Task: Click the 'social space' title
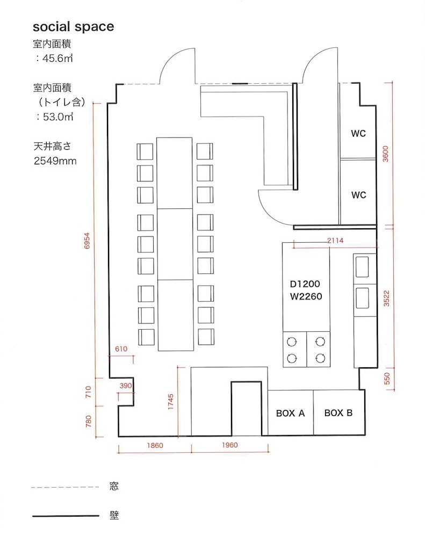[74, 27]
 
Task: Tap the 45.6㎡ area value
[57, 58]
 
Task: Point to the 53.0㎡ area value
[58, 117]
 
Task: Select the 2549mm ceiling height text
[55, 161]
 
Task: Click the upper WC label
[358, 134]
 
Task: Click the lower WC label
[358, 195]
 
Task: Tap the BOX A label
[290, 413]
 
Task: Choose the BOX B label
[338, 413]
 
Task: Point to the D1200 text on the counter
[305, 284]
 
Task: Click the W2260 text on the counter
[306, 296]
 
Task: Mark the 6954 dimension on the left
[87, 241]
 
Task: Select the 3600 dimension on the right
[386, 154]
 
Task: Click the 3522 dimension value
[386, 298]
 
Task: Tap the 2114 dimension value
[335, 241]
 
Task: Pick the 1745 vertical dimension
[170, 402]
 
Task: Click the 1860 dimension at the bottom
[155, 446]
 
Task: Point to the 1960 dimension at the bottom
[229, 445]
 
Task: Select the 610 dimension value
[121, 349]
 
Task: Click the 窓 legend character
[114, 486]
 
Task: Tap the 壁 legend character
[114, 515]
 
